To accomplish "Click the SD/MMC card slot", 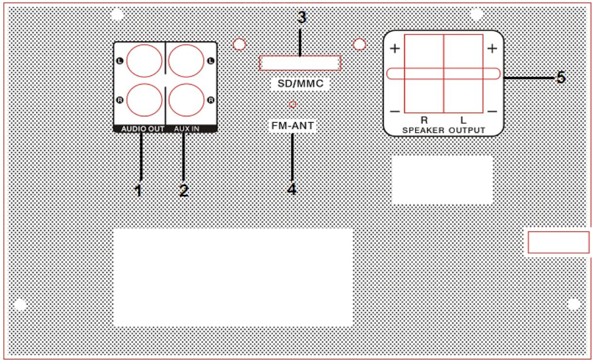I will click(300, 63).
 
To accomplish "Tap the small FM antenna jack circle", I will click(292, 104).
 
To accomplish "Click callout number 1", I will click(139, 190).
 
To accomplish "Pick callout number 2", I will click(183, 190).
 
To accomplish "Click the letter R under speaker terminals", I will click(423, 119).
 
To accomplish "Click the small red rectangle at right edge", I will click(558, 242).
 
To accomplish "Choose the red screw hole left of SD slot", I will click(239, 44).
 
